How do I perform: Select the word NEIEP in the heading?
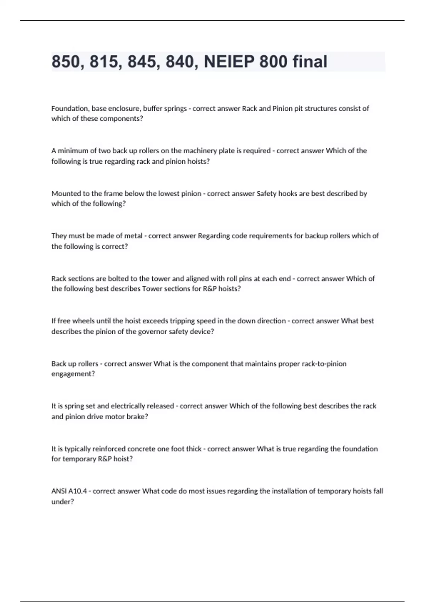pos(228,62)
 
